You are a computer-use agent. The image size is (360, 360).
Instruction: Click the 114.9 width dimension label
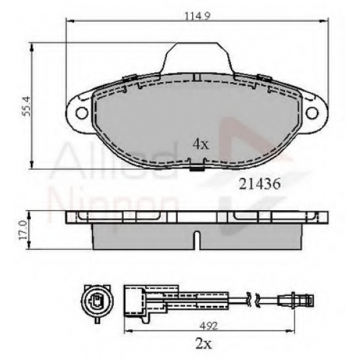pyautogui.click(x=197, y=17)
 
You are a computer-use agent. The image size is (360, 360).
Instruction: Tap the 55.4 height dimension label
pyautogui.click(x=27, y=106)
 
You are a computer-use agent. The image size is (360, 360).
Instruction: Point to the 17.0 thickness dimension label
pyautogui.click(x=24, y=230)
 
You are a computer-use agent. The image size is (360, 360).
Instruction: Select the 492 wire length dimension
pyautogui.click(x=209, y=325)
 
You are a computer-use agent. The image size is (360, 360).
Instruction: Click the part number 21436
pyautogui.click(x=259, y=184)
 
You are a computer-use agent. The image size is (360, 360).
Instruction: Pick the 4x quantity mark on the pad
pyautogui.click(x=201, y=145)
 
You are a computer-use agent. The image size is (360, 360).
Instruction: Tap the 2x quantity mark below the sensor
pyautogui.click(x=203, y=344)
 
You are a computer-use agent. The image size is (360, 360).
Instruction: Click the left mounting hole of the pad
pyautogui.click(x=82, y=113)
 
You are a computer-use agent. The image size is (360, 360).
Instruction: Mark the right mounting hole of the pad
pyautogui.click(x=312, y=113)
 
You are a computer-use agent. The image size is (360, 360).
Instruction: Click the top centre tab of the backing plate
pyautogui.click(x=197, y=58)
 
